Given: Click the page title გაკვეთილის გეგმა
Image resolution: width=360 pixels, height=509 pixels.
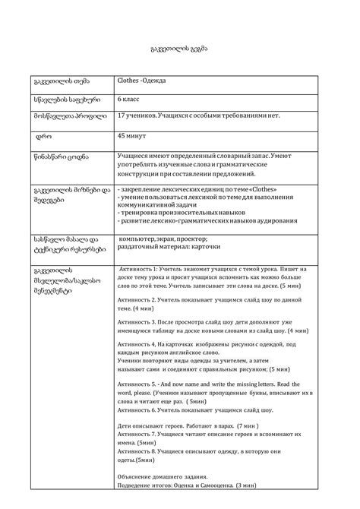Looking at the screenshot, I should click(x=180, y=48).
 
